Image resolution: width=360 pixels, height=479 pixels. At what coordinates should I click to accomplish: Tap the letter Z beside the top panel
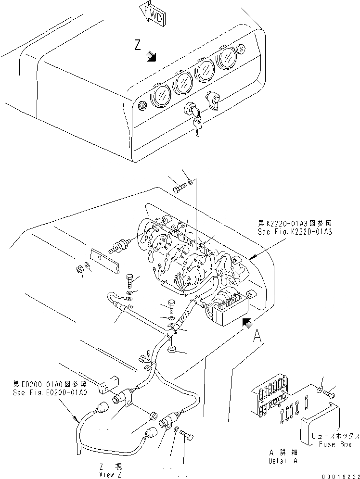(138, 46)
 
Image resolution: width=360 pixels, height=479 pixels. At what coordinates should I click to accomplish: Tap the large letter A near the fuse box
(258, 335)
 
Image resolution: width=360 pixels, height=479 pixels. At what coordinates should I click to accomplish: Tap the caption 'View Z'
(110, 474)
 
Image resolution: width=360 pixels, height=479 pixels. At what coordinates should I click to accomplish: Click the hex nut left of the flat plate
(80, 270)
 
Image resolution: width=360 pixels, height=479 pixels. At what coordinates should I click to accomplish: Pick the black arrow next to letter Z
(152, 57)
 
